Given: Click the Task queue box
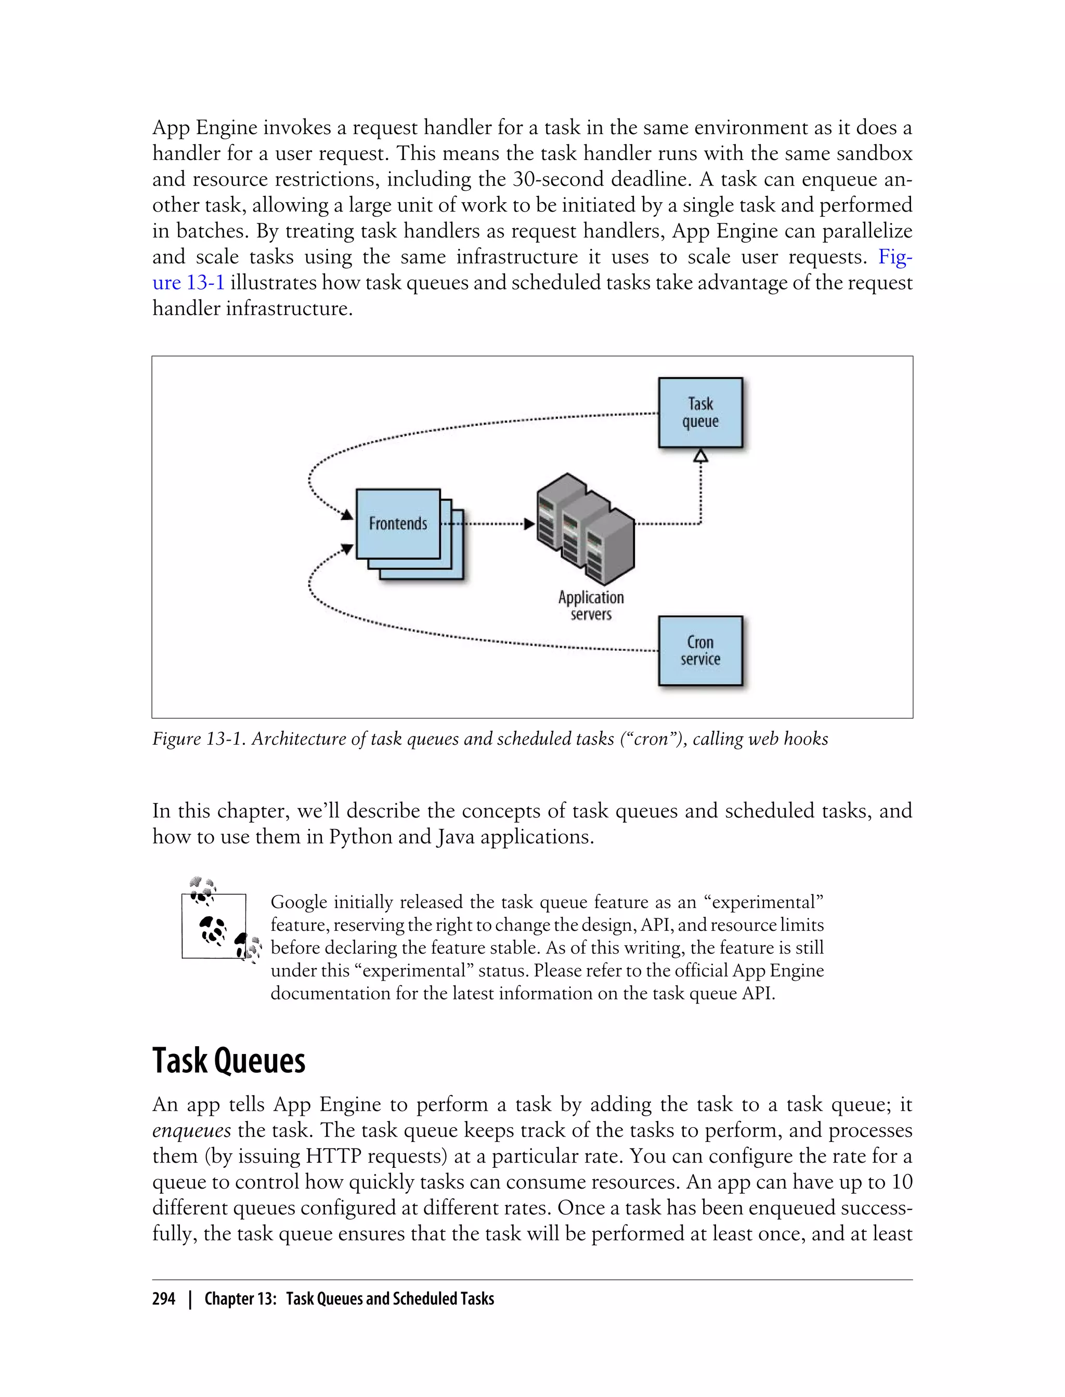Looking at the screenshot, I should pyautogui.click(x=700, y=413).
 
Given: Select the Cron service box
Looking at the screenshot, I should pyautogui.click(x=700, y=651).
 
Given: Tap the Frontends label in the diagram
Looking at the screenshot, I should pyautogui.click(x=398, y=523).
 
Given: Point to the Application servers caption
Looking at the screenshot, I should pyautogui.click(x=591, y=605).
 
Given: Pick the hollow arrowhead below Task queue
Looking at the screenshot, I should pyautogui.click(x=700, y=455).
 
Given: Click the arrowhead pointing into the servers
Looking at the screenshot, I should pyautogui.click(x=529, y=524).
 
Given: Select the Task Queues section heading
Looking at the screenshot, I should pyautogui.click(x=229, y=1061).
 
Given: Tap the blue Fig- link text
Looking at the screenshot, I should pyautogui.click(x=895, y=257).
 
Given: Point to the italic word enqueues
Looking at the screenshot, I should pyautogui.click(x=191, y=1130).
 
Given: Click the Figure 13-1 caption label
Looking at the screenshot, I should pyautogui.click(x=198, y=739).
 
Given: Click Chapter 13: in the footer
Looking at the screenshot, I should pyautogui.click(x=240, y=1299).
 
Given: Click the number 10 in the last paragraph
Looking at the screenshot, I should pyautogui.click(x=901, y=1182).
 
